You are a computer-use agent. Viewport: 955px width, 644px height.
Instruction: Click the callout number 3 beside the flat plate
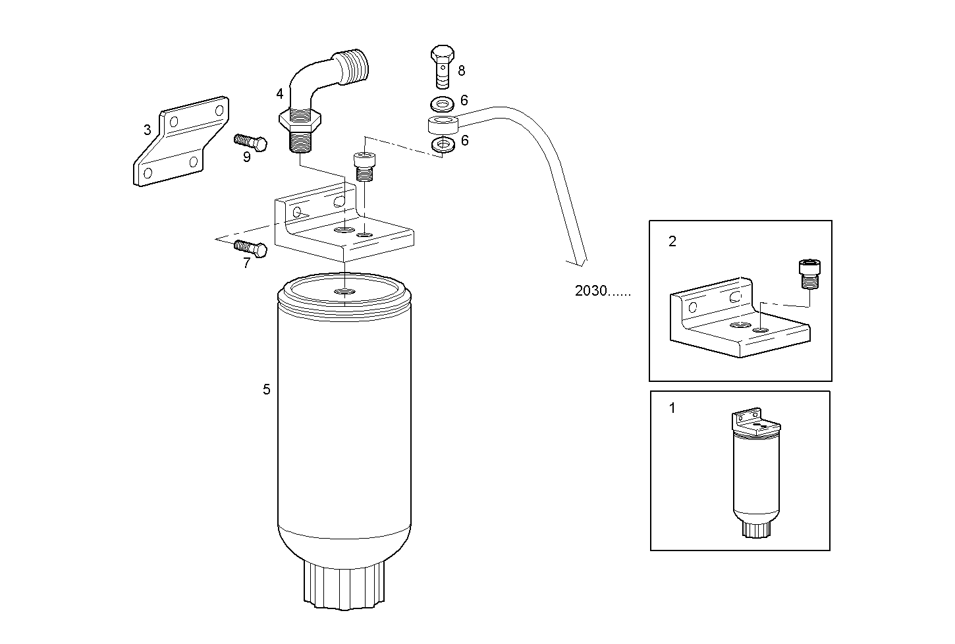(148, 130)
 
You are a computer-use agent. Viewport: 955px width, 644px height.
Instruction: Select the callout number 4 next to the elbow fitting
(280, 94)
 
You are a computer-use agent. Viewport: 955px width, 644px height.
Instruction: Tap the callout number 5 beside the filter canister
(267, 389)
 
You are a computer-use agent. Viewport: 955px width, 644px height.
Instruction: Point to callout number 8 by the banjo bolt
(461, 70)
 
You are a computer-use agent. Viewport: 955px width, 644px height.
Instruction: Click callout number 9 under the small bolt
(246, 157)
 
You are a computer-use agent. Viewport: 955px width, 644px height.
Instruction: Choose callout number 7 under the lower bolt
(246, 263)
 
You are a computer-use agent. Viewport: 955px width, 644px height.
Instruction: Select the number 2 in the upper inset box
(672, 241)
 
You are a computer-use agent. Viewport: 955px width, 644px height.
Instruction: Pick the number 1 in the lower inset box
(672, 408)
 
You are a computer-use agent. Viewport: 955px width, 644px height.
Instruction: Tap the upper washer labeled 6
(441, 103)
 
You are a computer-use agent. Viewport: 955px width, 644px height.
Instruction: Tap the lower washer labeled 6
(441, 144)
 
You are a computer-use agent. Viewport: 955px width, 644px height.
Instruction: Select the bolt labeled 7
(251, 248)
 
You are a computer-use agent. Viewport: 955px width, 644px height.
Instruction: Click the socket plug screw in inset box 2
(808, 273)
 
